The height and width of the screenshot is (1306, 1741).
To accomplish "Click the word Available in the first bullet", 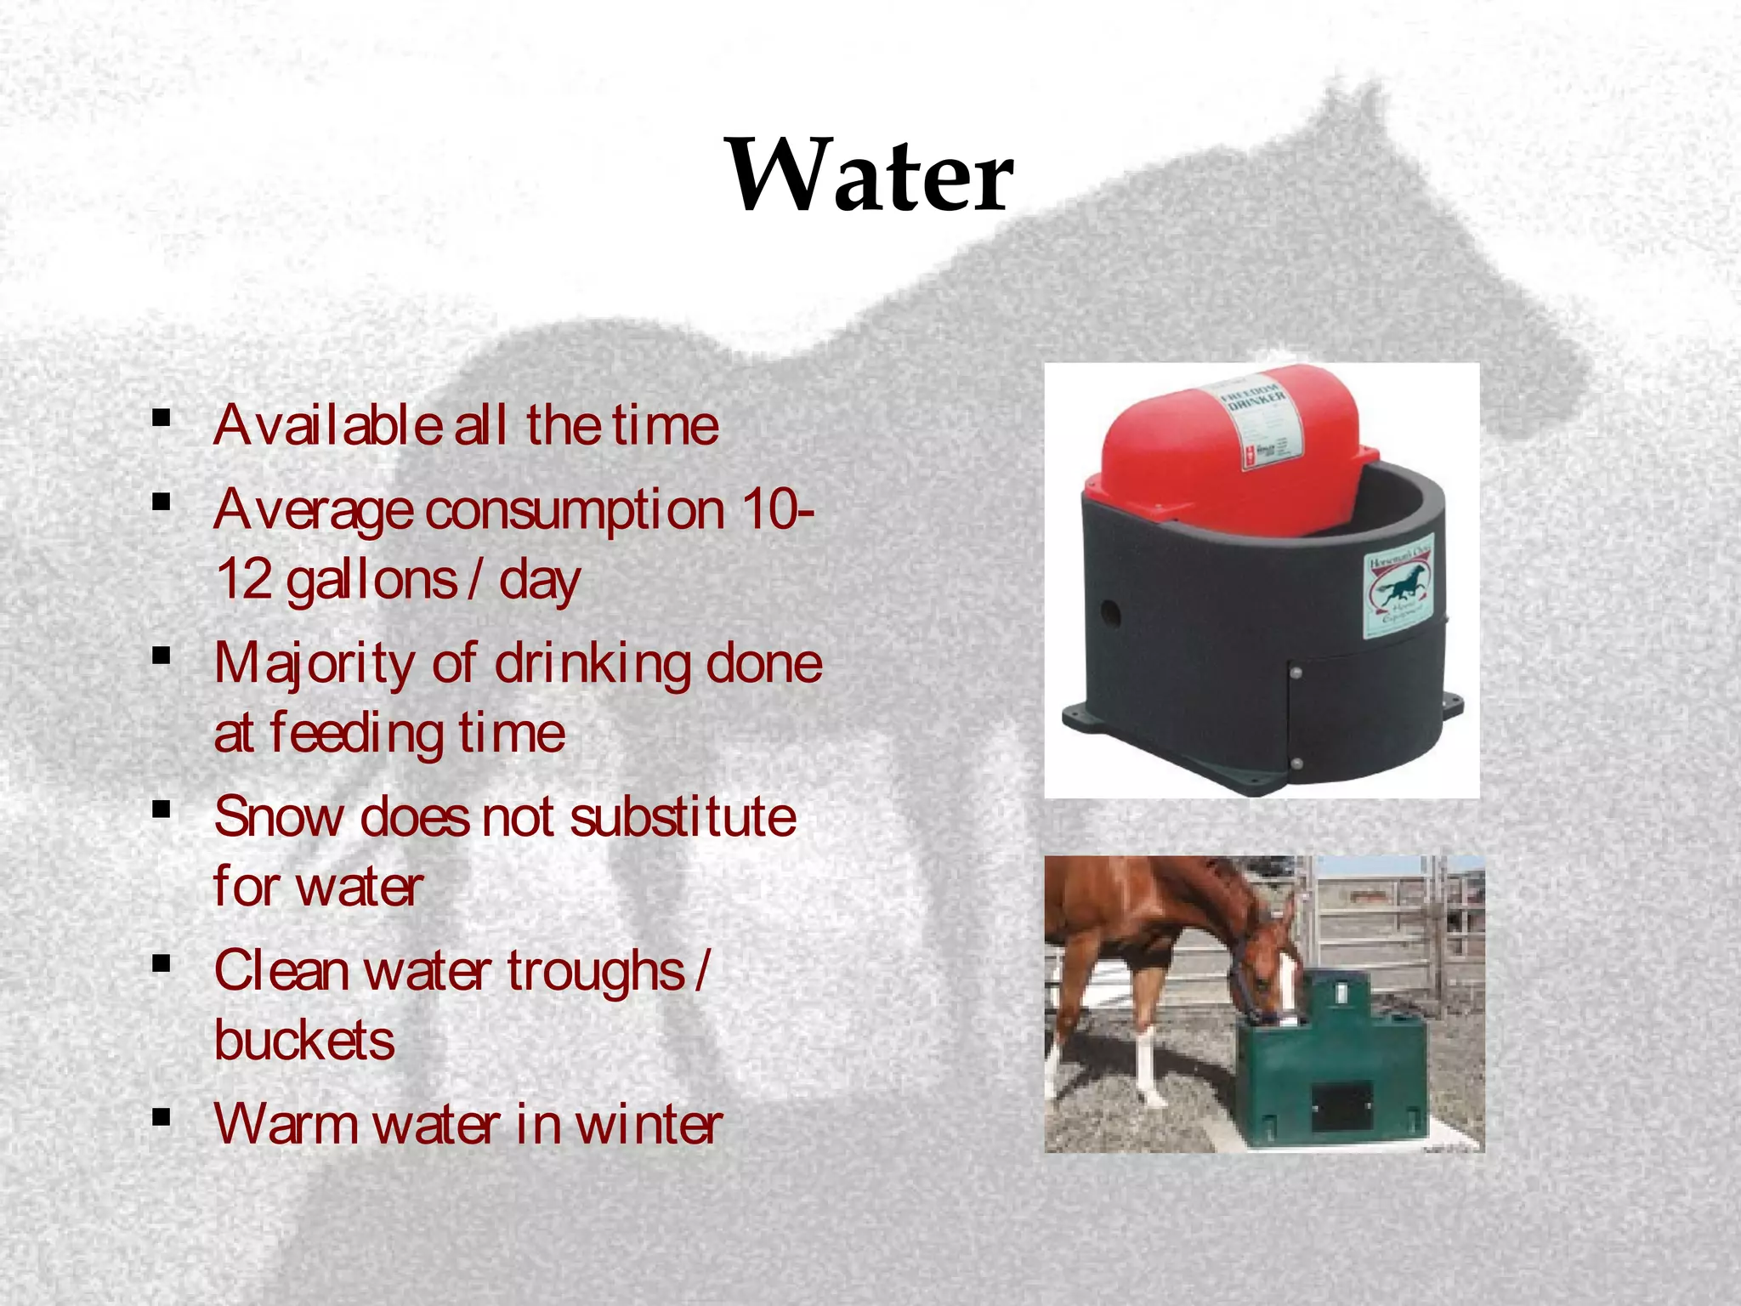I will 326,425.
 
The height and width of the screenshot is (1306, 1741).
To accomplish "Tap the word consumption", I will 575,511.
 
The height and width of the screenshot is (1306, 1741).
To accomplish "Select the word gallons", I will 371,582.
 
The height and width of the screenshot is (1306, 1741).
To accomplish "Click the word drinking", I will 593,665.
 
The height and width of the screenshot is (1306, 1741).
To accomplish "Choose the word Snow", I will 279,817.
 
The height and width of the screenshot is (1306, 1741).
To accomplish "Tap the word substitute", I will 683,817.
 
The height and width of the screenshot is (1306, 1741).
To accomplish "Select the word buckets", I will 304,1040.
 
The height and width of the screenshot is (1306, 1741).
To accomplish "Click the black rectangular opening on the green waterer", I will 1342,1105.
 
